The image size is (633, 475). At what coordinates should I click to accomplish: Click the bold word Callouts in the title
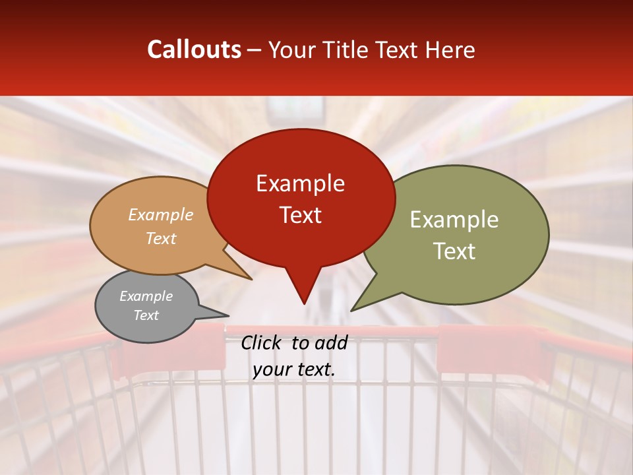pyautogui.click(x=194, y=49)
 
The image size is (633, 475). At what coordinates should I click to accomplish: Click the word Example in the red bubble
pyautogui.click(x=300, y=183)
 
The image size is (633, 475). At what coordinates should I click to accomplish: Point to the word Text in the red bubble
pyautogui.click(x=300, y=215)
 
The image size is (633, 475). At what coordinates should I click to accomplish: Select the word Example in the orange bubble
pyautogui.click(x=160, y=215)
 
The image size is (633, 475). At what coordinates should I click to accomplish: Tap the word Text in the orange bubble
pyautogui.click(x=160, y=239)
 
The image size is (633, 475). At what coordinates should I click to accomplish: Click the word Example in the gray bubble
pyautogui.click(x=146, y=296)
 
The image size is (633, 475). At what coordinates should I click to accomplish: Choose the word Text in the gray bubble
pyautogui.click(x=146, y=315)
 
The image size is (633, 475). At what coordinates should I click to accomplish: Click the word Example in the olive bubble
pyautogui.click(x=454, y=220)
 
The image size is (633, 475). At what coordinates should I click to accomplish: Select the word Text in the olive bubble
pyautogui.click(x=454, y=251)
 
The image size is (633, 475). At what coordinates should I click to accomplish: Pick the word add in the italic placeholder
pyautogui.click(x=332, y=342)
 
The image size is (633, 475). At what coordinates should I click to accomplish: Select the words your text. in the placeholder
pyautogui.click(x=294, y=370)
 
